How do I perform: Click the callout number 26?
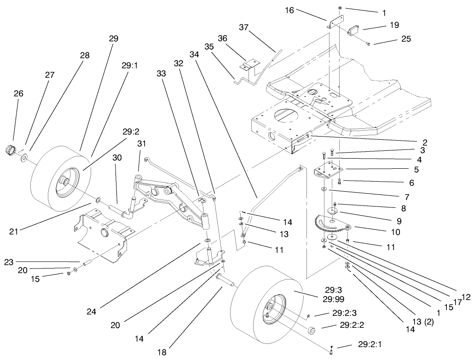(x=18, y=94)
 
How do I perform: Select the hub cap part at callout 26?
(x=10, y=150)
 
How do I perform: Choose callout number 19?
(x=394, y=25)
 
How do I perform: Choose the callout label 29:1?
(x=130, y=66)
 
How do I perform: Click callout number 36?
(x=223, y=40)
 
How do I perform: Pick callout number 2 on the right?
(x=425, y=142)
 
